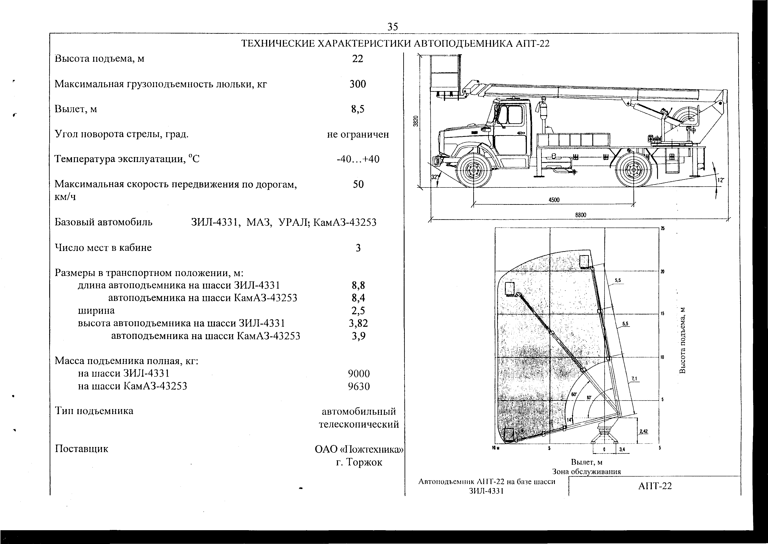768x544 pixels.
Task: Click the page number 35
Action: (393, 26)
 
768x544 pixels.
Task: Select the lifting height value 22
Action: (358, 59)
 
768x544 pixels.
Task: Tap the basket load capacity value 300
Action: (358, 84)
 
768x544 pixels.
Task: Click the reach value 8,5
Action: (358, 109)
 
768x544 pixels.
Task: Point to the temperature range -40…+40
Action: (358, 159)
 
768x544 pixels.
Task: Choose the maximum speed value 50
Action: (358, 184)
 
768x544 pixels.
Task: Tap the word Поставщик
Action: (82, 449)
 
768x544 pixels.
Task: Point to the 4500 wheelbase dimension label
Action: (554, 200)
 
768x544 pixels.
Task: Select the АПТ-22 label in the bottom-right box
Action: (655, 486)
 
